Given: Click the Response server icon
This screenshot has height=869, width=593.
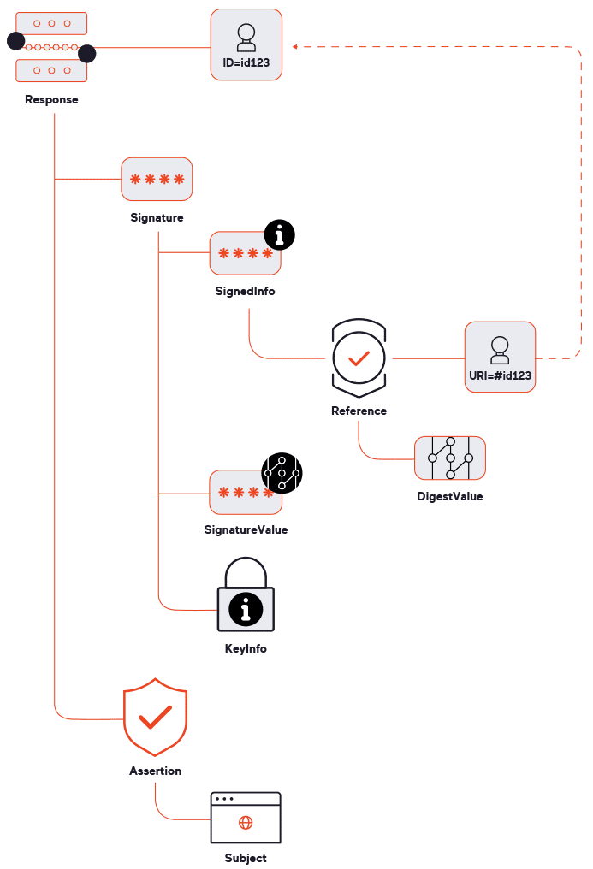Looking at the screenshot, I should point(51,47).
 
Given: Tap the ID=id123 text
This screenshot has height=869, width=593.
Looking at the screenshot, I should point(246,62).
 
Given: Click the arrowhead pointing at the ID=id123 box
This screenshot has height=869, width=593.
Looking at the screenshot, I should point(294,44).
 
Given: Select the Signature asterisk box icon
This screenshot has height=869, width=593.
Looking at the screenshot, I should point(157,180).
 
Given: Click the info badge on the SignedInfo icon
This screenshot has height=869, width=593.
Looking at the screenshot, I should point(279,234).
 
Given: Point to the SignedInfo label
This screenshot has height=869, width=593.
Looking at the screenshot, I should point(245,291).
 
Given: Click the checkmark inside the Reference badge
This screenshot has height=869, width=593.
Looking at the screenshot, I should point(359,358).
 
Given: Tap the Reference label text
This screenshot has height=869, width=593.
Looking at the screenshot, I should point(359,411).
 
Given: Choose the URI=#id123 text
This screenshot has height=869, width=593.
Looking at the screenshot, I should point(501,375).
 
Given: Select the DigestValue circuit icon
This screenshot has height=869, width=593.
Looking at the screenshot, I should point(450,458).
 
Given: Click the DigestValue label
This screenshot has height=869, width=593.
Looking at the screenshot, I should point(450,496).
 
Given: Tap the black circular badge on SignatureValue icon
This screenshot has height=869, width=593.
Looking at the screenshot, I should point(282,473).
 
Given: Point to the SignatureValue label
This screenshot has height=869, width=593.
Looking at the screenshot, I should point(246,529).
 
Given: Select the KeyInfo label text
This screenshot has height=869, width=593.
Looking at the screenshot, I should point(246,648).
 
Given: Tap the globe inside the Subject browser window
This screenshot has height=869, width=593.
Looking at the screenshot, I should point(246,823).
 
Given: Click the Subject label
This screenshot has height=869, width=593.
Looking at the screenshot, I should point(246,858).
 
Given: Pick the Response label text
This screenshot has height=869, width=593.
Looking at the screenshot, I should point(51,99).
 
